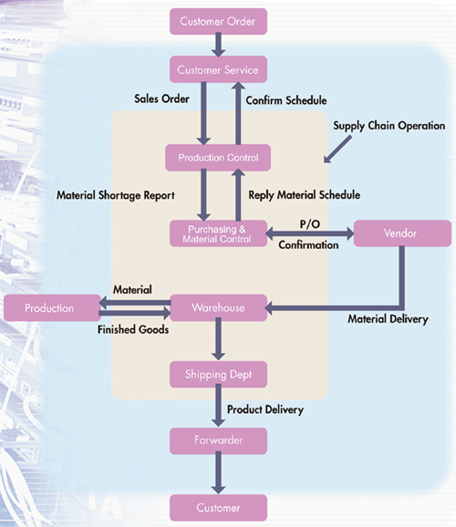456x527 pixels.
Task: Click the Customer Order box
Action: [x=218, y=20]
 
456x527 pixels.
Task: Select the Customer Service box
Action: [x=218, y=69]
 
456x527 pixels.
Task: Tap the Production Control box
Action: [x=218, y=158]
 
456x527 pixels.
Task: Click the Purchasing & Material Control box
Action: [x=218, y=233]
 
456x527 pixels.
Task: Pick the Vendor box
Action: [x=401, y=233]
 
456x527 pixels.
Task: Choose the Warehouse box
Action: [x=218, y=308]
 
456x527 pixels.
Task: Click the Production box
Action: [x=50, y=308]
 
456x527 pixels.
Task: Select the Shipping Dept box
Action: [x=218, y=373]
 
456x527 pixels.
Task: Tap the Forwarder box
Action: [x=218, y=440]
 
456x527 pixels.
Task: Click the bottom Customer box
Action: [x=218, y=506]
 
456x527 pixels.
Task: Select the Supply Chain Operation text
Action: [x=389, y=126]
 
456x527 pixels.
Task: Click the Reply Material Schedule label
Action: [x=304, y=195]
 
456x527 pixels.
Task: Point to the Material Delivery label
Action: [x=388, y=319]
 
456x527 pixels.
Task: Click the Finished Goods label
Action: [x=133, y=330]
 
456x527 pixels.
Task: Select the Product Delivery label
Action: [x=265, y=409]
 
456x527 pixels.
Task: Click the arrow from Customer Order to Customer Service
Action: [x=218, y=44]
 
